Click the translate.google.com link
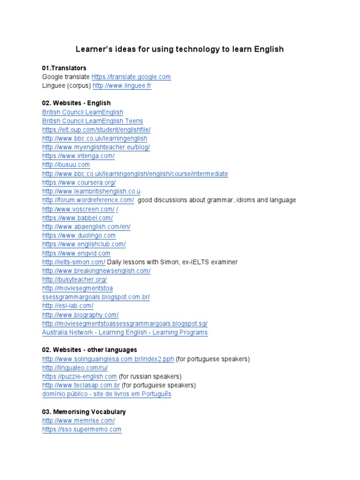(131, 77)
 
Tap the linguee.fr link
(122, 86)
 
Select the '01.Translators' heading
(64, 68)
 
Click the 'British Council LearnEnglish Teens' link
(92, 121)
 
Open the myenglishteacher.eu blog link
(96, 147)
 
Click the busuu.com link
(66, 165)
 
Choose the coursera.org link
(79, 182)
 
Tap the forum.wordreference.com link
(88, 200)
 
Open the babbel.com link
(77, 218)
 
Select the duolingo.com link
(79, 235)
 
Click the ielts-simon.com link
(74, 262)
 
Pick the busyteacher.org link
(74, 279)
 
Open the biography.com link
(80, 315)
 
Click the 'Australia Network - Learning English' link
(125, 332)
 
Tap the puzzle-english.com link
(79, 376)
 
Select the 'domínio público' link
(106, 394)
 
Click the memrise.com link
(78, 420)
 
